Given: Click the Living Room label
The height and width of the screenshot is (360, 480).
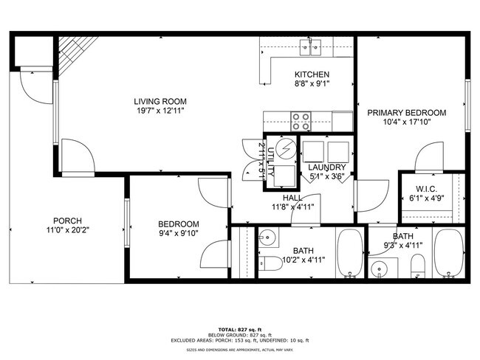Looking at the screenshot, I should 160,101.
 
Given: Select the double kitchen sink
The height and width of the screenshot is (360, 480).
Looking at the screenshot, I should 310,49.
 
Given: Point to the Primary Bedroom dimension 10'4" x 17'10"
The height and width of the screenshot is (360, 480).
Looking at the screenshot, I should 407,123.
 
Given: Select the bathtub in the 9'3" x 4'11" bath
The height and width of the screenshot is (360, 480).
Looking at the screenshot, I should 448,252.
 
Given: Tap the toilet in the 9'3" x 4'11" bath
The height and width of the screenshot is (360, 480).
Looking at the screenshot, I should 417,265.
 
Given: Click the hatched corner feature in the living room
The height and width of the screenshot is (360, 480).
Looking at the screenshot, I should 69,57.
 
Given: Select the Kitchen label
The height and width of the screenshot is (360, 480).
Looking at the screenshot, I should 312,75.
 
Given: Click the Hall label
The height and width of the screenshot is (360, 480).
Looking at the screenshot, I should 292,198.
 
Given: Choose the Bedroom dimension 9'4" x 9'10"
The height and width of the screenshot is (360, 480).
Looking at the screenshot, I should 179,235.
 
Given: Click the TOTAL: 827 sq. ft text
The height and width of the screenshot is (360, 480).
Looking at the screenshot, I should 239,328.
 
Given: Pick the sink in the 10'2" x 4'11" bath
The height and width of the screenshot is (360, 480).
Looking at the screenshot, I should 267,238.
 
